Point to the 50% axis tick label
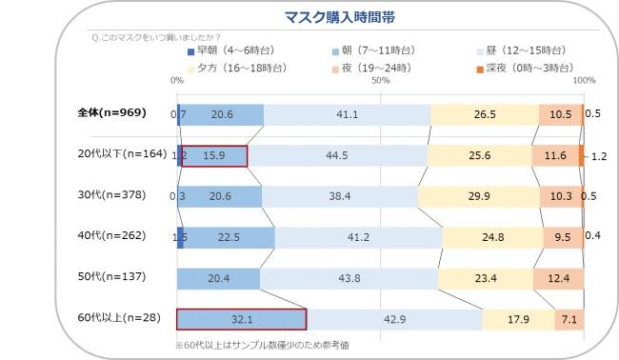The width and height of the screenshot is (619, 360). click(x=381, y=81)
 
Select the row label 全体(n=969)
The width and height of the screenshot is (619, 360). click(x=110, y=113)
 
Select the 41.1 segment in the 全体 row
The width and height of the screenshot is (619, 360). click(x=347, y=113)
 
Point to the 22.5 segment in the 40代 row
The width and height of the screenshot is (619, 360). click(x=227, y=237)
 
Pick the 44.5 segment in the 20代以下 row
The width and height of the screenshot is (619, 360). click(x=337, y=154)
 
